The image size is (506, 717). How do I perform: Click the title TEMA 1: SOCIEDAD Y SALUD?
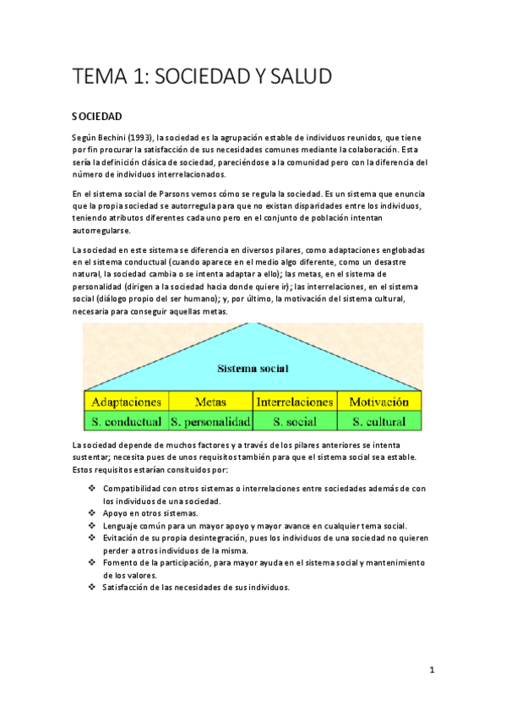click(201, 76)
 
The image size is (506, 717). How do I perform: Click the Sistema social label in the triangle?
click(253, 369)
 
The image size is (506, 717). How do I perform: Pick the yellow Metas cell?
click(210, 402)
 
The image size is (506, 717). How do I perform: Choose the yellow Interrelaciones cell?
click(295, 402)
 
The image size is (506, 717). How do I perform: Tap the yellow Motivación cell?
click(378, 402)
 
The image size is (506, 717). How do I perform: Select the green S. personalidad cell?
click(210, 421)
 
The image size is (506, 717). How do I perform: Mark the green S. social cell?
click(295, 421)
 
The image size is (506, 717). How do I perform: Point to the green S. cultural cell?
click(378, 421)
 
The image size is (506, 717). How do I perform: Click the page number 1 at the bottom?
click(431, 670)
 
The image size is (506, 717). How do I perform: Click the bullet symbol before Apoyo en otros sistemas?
click(91, 513)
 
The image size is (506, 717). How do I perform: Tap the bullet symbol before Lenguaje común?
click(91, 525)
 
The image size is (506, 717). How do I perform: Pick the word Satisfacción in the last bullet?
click(128, 587)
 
